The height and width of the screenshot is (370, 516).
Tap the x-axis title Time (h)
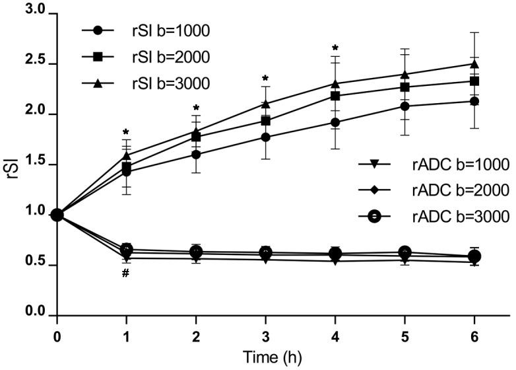pos(265,357)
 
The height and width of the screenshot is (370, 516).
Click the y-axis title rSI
pos(10,163)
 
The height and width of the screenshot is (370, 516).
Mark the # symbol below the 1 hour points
pos(125,272)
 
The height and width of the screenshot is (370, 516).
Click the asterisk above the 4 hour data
pos(336,48)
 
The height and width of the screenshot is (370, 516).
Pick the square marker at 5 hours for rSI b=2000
pos(404,87)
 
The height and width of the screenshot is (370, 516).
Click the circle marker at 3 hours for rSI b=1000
pos(265,137)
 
